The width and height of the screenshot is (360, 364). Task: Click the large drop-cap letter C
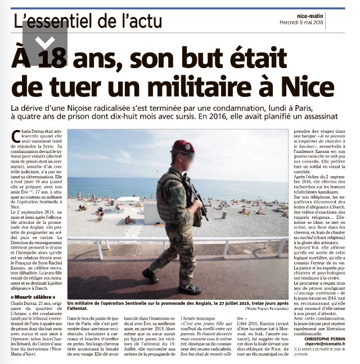pyautogui.click(x=22, y=138)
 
